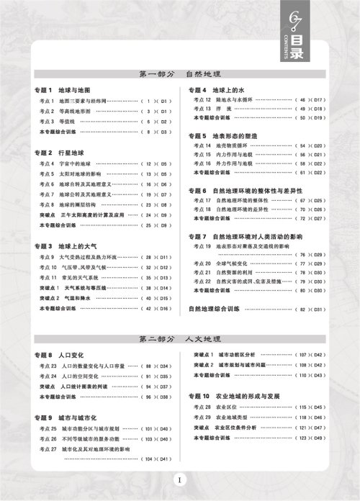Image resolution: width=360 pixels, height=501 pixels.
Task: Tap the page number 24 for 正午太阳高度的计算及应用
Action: tap(149, 215)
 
